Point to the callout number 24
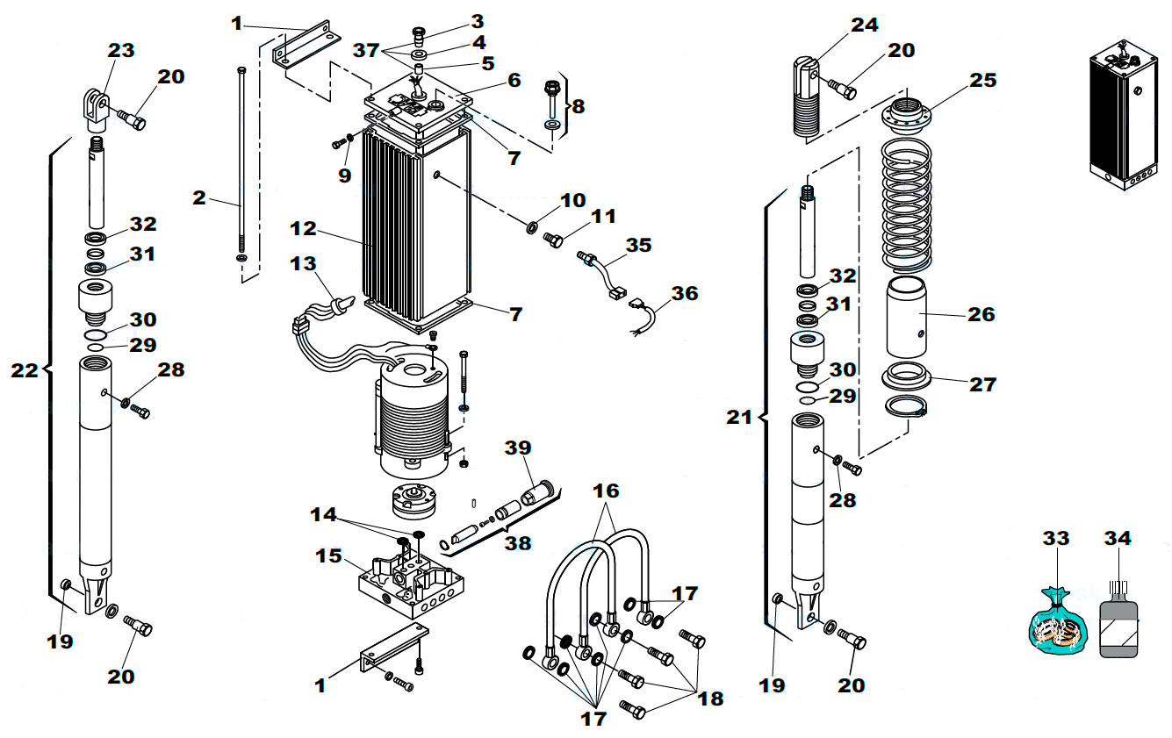tap(865, 25)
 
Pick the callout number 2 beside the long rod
tap(199, 197)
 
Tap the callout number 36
tap(684, 293)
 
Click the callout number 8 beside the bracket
tap(577, 106)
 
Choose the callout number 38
tap(517, 543)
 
